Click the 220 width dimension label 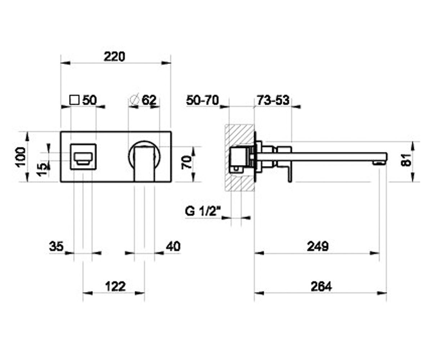(114, 57)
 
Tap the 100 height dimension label (21, 157)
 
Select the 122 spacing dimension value (116, 287)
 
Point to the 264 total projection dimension (321, 287)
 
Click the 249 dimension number (318, 246)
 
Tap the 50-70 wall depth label (202, 100)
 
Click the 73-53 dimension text (273, 100)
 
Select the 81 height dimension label (406, 160)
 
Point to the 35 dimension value (56, 246)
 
